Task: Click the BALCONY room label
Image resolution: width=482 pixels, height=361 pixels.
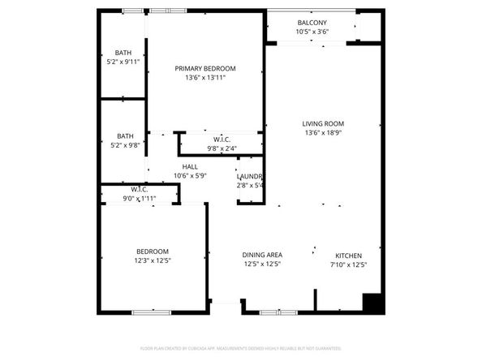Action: [x=312, y=23]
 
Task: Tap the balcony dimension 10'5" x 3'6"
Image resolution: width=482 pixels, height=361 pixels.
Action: [x=312, y=32]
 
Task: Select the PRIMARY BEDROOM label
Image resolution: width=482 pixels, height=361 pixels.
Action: [x=205, y=68]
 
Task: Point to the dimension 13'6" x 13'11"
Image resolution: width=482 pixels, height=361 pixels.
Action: [x=205, y=78]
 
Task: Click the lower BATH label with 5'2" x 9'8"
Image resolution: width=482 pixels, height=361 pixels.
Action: [x=124, y=136]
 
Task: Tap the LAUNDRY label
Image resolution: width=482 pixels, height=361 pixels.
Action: [x=249, y=176]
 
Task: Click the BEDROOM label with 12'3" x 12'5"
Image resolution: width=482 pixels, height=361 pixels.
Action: [x=152, y=251]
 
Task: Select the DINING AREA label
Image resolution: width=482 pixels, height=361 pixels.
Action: [x=262, y=255]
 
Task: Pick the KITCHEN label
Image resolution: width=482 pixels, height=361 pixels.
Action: [x=349, y=255]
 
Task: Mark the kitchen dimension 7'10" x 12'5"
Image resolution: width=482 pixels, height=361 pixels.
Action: [x=349, y=264]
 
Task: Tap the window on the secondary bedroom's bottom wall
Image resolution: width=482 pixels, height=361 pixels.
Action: [x=151, y=312]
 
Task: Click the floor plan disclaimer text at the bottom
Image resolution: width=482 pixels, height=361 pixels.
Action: [x=241, y=347]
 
